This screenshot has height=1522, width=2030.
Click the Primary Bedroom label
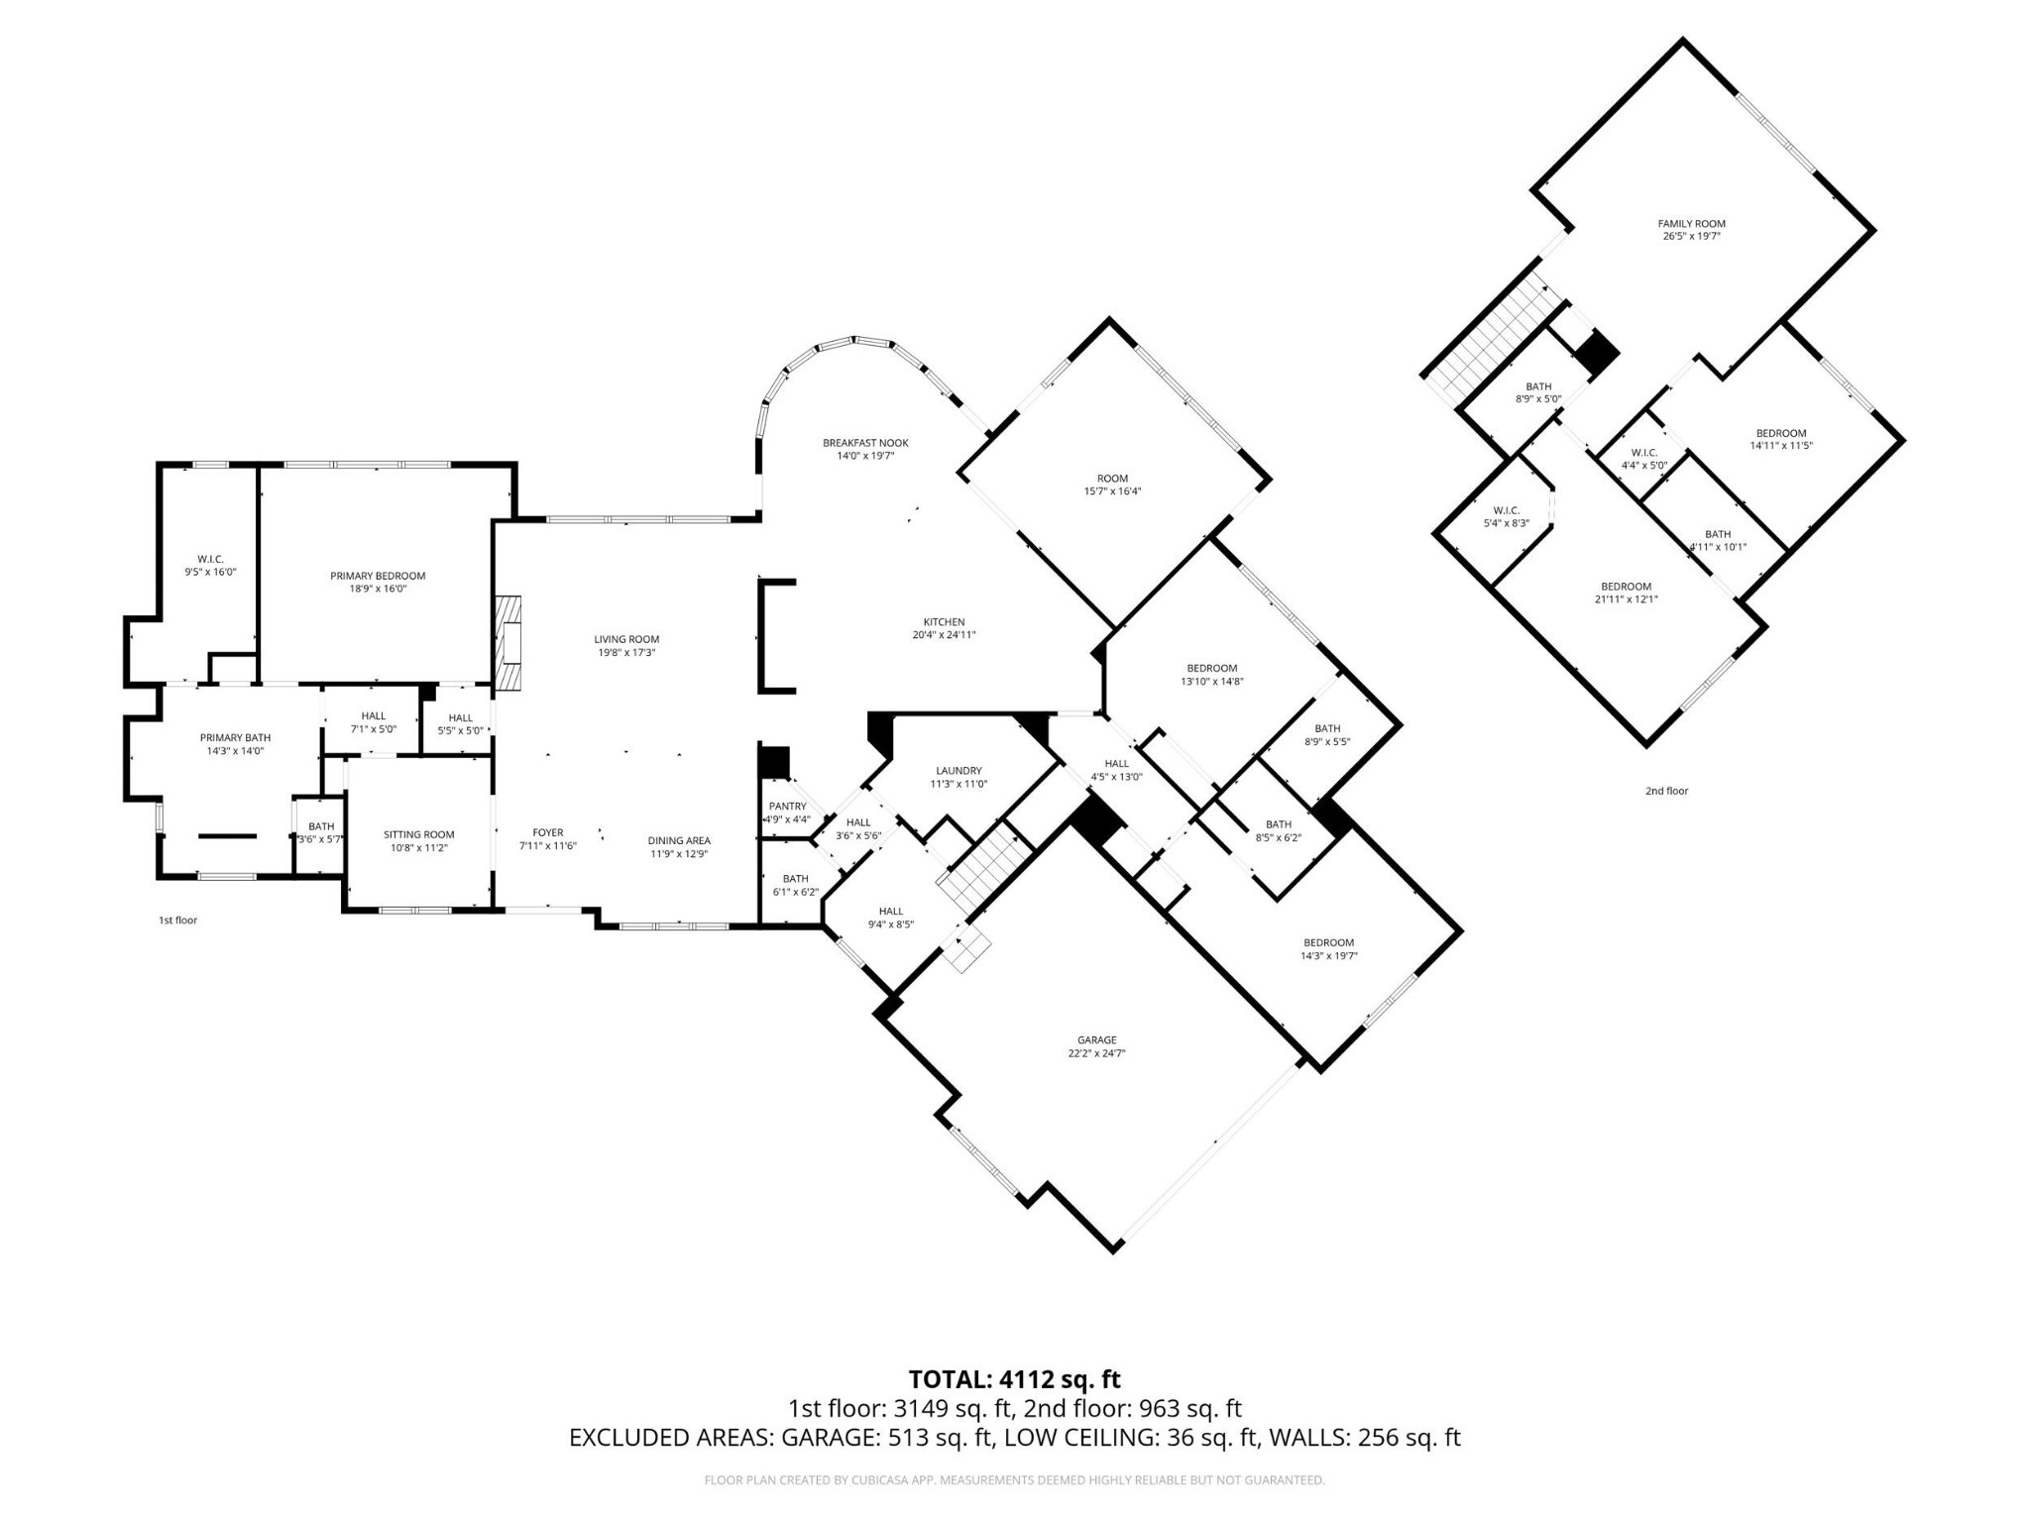tap(378, 576)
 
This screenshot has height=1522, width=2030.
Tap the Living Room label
tap(626, 639)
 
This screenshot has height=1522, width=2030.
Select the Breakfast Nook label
tap(865, 443)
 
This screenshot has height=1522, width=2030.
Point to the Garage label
tap(1097, 1040)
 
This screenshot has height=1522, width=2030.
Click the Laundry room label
tap(959, 771)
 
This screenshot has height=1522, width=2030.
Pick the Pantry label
tap(788, 807)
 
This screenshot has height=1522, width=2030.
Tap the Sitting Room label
tap(419, 834)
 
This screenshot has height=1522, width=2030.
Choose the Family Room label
tap(1692, 224)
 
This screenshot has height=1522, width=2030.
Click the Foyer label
tap(548, 832)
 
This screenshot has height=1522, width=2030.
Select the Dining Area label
tap(679, 841)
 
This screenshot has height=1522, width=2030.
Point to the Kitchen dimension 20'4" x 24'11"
tap(944, 635)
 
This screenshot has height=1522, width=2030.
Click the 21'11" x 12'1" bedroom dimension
tap(1626, 598)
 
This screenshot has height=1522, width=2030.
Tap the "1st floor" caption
tap(178, 921)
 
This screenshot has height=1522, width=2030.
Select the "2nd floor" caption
tap(1666, 791)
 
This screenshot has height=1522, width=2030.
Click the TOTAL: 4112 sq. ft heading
tap(1015, 1379)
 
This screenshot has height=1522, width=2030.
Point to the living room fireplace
tap(508, 642)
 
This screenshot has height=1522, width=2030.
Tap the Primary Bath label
tap(235, 737)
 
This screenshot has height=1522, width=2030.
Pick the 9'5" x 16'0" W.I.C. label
tap(210, 566)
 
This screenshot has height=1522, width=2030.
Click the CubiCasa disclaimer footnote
tap(1014, 1480)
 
